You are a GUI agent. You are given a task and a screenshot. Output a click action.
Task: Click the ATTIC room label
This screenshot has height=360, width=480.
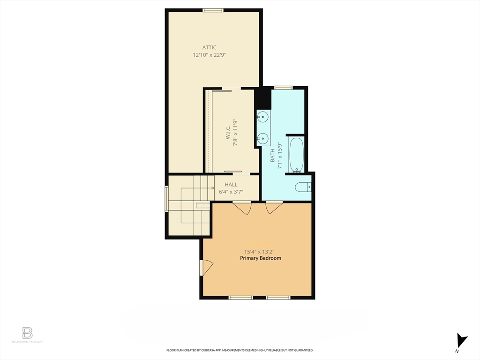click(209, 47)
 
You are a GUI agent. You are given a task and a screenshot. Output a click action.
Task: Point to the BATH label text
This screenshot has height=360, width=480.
click(272, 155)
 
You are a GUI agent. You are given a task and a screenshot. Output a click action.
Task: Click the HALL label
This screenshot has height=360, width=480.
click(231, 185)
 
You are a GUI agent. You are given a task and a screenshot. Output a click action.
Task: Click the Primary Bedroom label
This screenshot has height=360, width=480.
click(261, 258)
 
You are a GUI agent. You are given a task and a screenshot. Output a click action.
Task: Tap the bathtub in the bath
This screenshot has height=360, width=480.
click(296, 155)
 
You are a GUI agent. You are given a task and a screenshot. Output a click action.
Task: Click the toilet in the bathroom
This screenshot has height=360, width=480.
click(303, 187)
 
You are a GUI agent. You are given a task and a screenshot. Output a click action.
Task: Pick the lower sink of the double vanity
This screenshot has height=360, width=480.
click(263, 138)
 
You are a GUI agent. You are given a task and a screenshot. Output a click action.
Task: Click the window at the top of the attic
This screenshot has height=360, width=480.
click(213, 10)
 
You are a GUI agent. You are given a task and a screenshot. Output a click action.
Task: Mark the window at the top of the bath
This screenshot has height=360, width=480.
click(283, 87)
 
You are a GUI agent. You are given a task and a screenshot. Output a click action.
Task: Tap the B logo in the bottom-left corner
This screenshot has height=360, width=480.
click(27, 333)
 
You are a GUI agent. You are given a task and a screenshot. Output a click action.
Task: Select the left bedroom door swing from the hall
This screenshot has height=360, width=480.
click(242, 208)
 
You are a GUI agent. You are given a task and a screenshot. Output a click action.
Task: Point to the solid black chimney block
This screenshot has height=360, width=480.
click(263, 99)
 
